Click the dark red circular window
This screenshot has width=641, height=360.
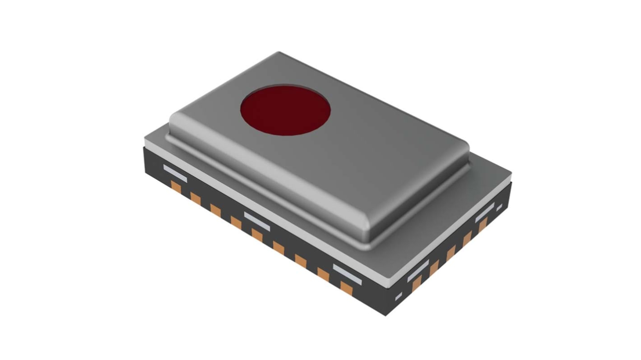tap(285, 109)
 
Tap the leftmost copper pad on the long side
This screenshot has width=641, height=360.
tap(176, 187)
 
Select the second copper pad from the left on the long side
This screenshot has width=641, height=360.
tap(195, 198)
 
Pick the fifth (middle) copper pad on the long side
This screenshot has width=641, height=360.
tap(257, 235)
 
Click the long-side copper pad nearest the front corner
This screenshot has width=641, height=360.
tap(346, 287)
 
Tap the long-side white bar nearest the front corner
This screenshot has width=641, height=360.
tap(347, 274)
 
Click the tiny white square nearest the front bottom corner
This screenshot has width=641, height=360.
tap(398, 296)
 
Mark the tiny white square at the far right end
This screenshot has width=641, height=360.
tap(499, 208)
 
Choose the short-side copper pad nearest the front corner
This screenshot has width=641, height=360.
tap(416, 283)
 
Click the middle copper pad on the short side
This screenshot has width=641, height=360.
tap(451, 254)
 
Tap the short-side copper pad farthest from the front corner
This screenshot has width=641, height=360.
tap(483, 224)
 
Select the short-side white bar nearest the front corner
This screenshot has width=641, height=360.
tap(418, 271)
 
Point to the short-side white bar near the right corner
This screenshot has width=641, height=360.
tap(485, 212)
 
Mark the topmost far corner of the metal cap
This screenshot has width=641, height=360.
tap(279, 53)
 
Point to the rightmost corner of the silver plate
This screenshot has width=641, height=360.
tap(511, 172)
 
